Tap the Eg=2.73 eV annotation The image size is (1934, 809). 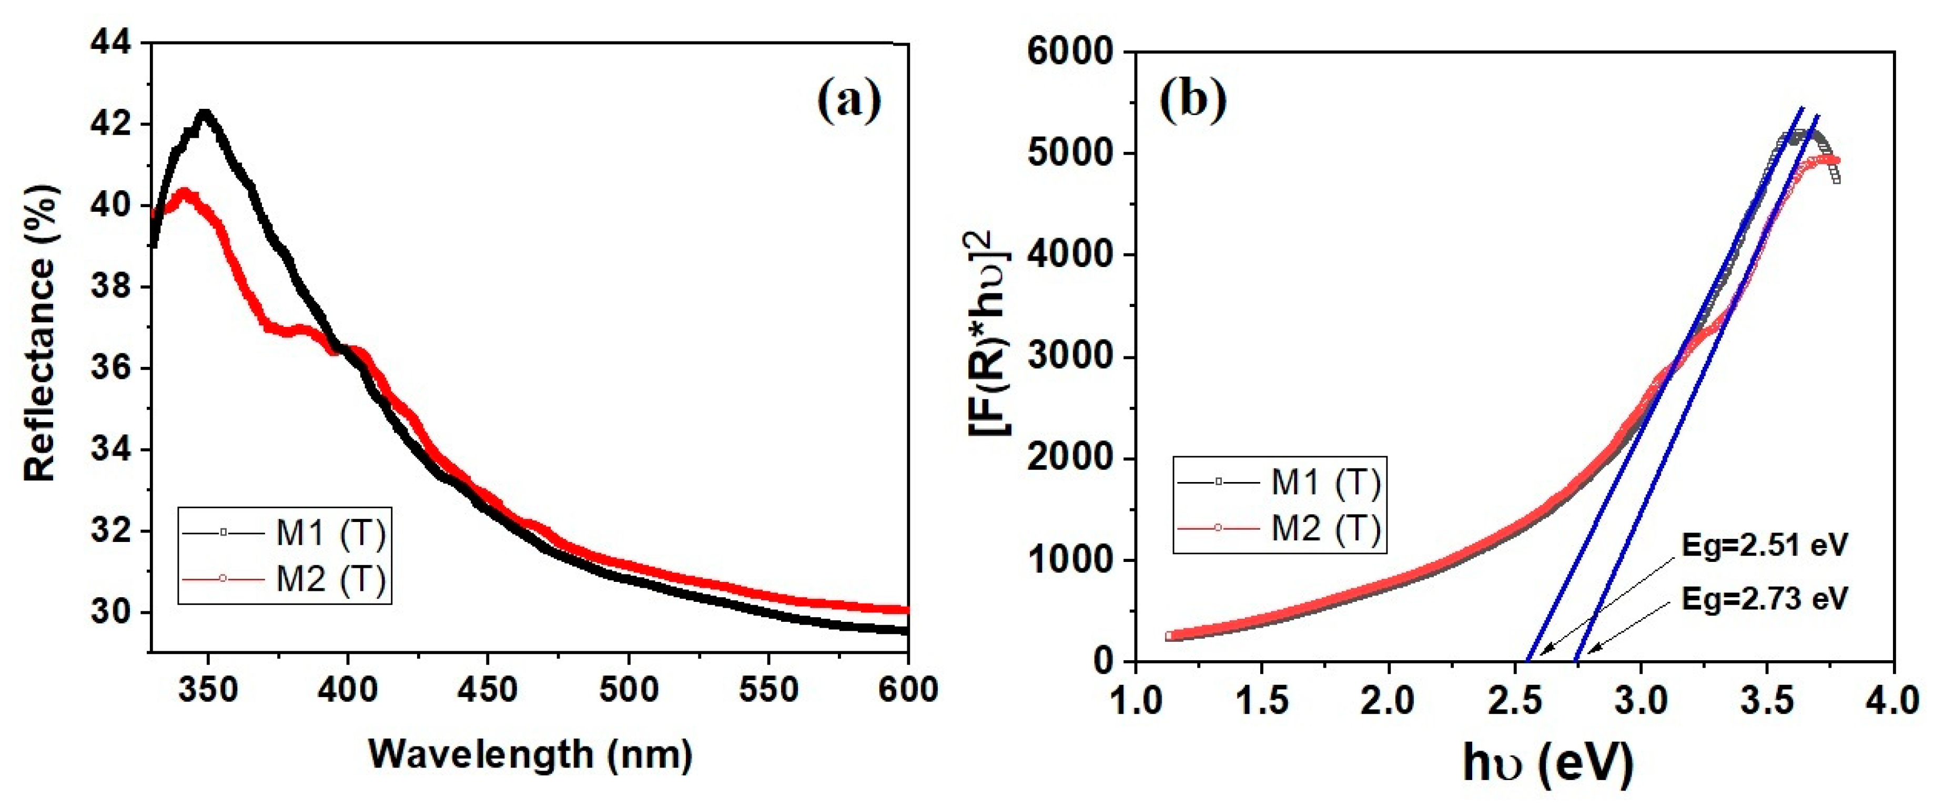point(1763,599)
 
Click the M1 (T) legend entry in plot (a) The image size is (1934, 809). point(330,533)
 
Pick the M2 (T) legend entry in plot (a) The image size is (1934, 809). point(330,579)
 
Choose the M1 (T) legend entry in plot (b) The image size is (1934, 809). point(1325,482)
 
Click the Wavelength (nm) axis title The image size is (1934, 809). point(530,754)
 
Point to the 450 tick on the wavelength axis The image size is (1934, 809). point(488,690)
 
